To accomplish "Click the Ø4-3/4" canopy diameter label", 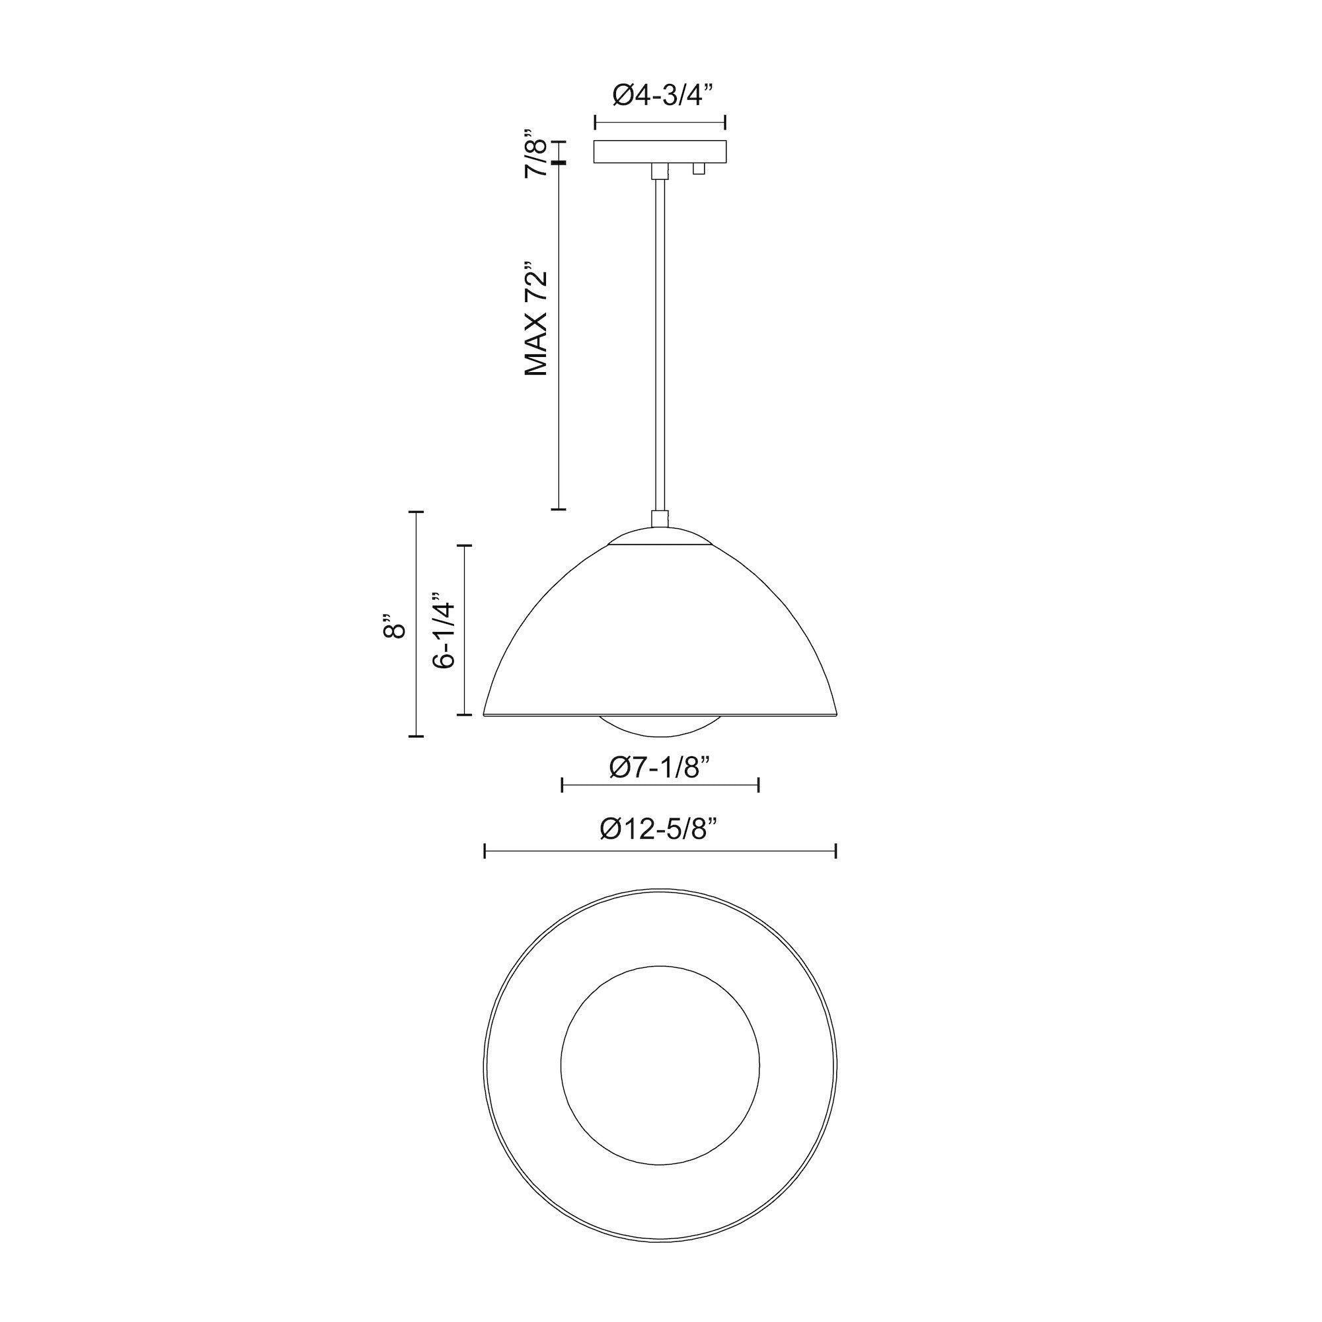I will [x=660, y=95].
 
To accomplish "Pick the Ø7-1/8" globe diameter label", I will [x=660, y=767].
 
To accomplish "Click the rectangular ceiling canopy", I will [x=660, y=152].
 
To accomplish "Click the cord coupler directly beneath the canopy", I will [x=660, y=171].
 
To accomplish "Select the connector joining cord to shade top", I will [x=660, y=518].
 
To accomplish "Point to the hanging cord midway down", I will [x=660, y=342].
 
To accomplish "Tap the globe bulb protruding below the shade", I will [x=660, y=726].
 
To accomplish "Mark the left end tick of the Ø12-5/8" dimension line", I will [x=485, y=851].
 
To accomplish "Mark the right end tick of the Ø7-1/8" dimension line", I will [x=758, y=785].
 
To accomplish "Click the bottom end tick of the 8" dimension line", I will [x=416, y=736].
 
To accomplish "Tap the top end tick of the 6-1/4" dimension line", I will [x=465, y=545].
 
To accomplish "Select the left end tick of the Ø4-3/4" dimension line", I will [x=596, y=123].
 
